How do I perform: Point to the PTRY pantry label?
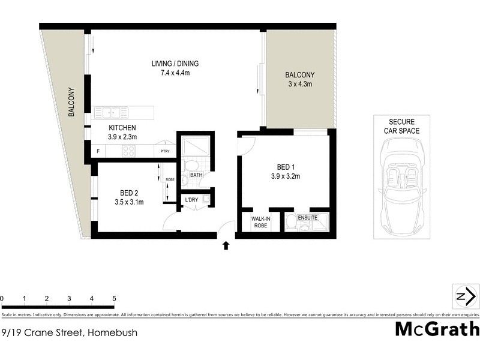pos(164,152)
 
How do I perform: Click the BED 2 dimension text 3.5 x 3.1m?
pos(129,203)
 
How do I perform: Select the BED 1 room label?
pos(284,166)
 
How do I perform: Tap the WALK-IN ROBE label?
pos(260,222)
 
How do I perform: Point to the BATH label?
pos(197,175)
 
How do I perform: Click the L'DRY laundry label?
pos(191,199)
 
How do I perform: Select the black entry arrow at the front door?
pos(226,245)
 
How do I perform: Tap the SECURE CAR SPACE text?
pos(402,126)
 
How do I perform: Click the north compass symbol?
pos(466,296)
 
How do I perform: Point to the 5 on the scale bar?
pos(114,298)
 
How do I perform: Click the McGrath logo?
pos(437,329)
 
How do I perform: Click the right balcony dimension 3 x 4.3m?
pos(299,84)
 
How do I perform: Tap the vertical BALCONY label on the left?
pos(71,102)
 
